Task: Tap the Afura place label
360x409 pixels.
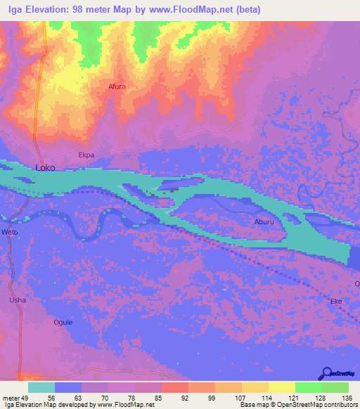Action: click(x=117, y=87)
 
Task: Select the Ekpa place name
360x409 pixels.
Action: click(x=86, y=155)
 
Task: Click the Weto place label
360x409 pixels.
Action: click(x=9, y=232)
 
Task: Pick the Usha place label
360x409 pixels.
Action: click(x=18, y=300)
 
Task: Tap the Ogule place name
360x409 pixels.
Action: click(x=63, y=323)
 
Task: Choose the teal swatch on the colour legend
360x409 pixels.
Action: click(x=41, y=387)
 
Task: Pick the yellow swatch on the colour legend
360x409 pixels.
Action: click(x=282, y=387)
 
